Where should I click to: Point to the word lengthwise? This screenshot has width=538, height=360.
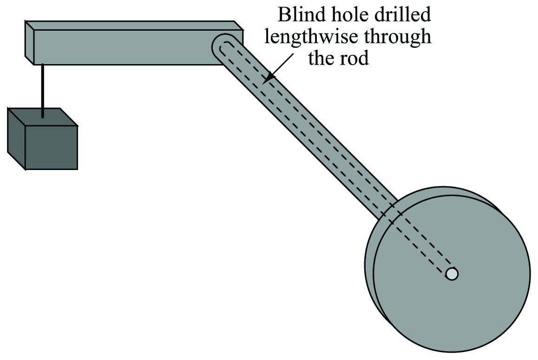pyautogui.click(x=311, y=37)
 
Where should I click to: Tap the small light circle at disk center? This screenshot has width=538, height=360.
pyautogui.click(x=452, y=274)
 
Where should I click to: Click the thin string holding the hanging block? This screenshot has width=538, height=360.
pyautogui.click(x=43, y=91)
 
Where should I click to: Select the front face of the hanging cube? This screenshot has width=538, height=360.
pyautogui.click(x=52, y=147)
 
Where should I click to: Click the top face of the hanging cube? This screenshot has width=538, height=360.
pyautogui.click(x=43, y=117)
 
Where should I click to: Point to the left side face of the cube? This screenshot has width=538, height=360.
pyautogui.click(x=17, y=138)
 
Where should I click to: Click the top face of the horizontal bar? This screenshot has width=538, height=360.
pyautogui.click(x=134, y=26)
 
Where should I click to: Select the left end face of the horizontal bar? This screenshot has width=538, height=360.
pyautogui.click(x=30, y=43)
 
